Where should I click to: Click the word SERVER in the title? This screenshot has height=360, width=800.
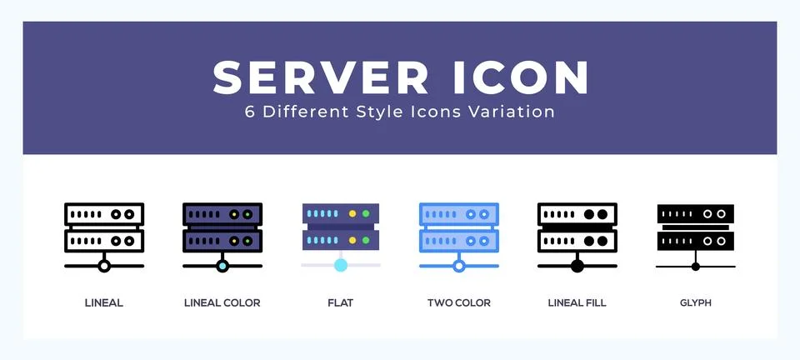coord(322,77)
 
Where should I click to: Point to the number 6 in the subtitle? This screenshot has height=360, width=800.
coord(249,112)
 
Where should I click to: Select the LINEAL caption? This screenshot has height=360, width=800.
coord(104,302)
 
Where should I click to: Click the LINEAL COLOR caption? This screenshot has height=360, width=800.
coord(222,302)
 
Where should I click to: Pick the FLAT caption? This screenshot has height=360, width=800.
coord(340,302)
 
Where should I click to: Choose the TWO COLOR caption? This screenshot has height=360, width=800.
coord(458,302)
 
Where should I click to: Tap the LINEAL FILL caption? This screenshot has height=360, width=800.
coord(577,302)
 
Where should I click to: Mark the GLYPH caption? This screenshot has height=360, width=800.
coord(695,302)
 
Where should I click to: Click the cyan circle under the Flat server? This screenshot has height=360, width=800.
coord(340,265)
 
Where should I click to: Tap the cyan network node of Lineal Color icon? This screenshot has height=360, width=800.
coord(222,266)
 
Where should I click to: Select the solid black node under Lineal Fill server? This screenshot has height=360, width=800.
coord(577,266)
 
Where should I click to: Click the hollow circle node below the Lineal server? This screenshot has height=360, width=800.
coord(104,266)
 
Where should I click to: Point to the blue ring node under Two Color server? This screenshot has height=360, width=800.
coord(458,266)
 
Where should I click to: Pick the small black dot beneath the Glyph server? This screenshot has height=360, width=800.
coord(695,266)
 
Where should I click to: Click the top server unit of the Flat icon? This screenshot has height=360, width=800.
coord(340,214)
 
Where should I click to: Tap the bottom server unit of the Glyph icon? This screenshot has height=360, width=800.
coord(695,241)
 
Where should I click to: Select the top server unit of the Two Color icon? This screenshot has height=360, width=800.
coord(458,214)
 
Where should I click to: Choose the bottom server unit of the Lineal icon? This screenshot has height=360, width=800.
coord(104,241)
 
